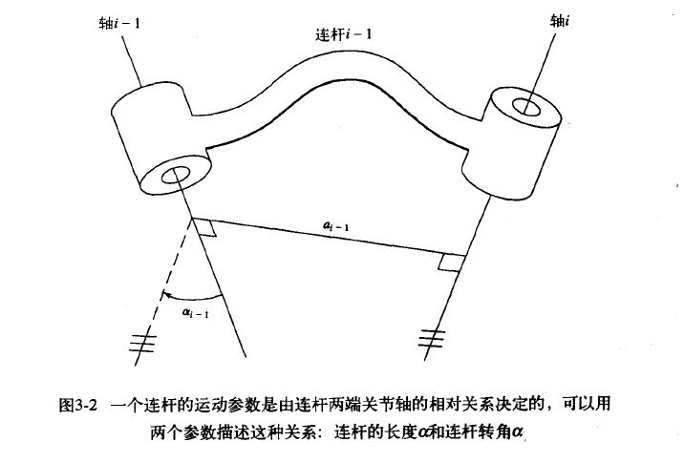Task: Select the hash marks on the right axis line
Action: [x=432, y=335]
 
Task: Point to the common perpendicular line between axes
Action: [x=325, y=241]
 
